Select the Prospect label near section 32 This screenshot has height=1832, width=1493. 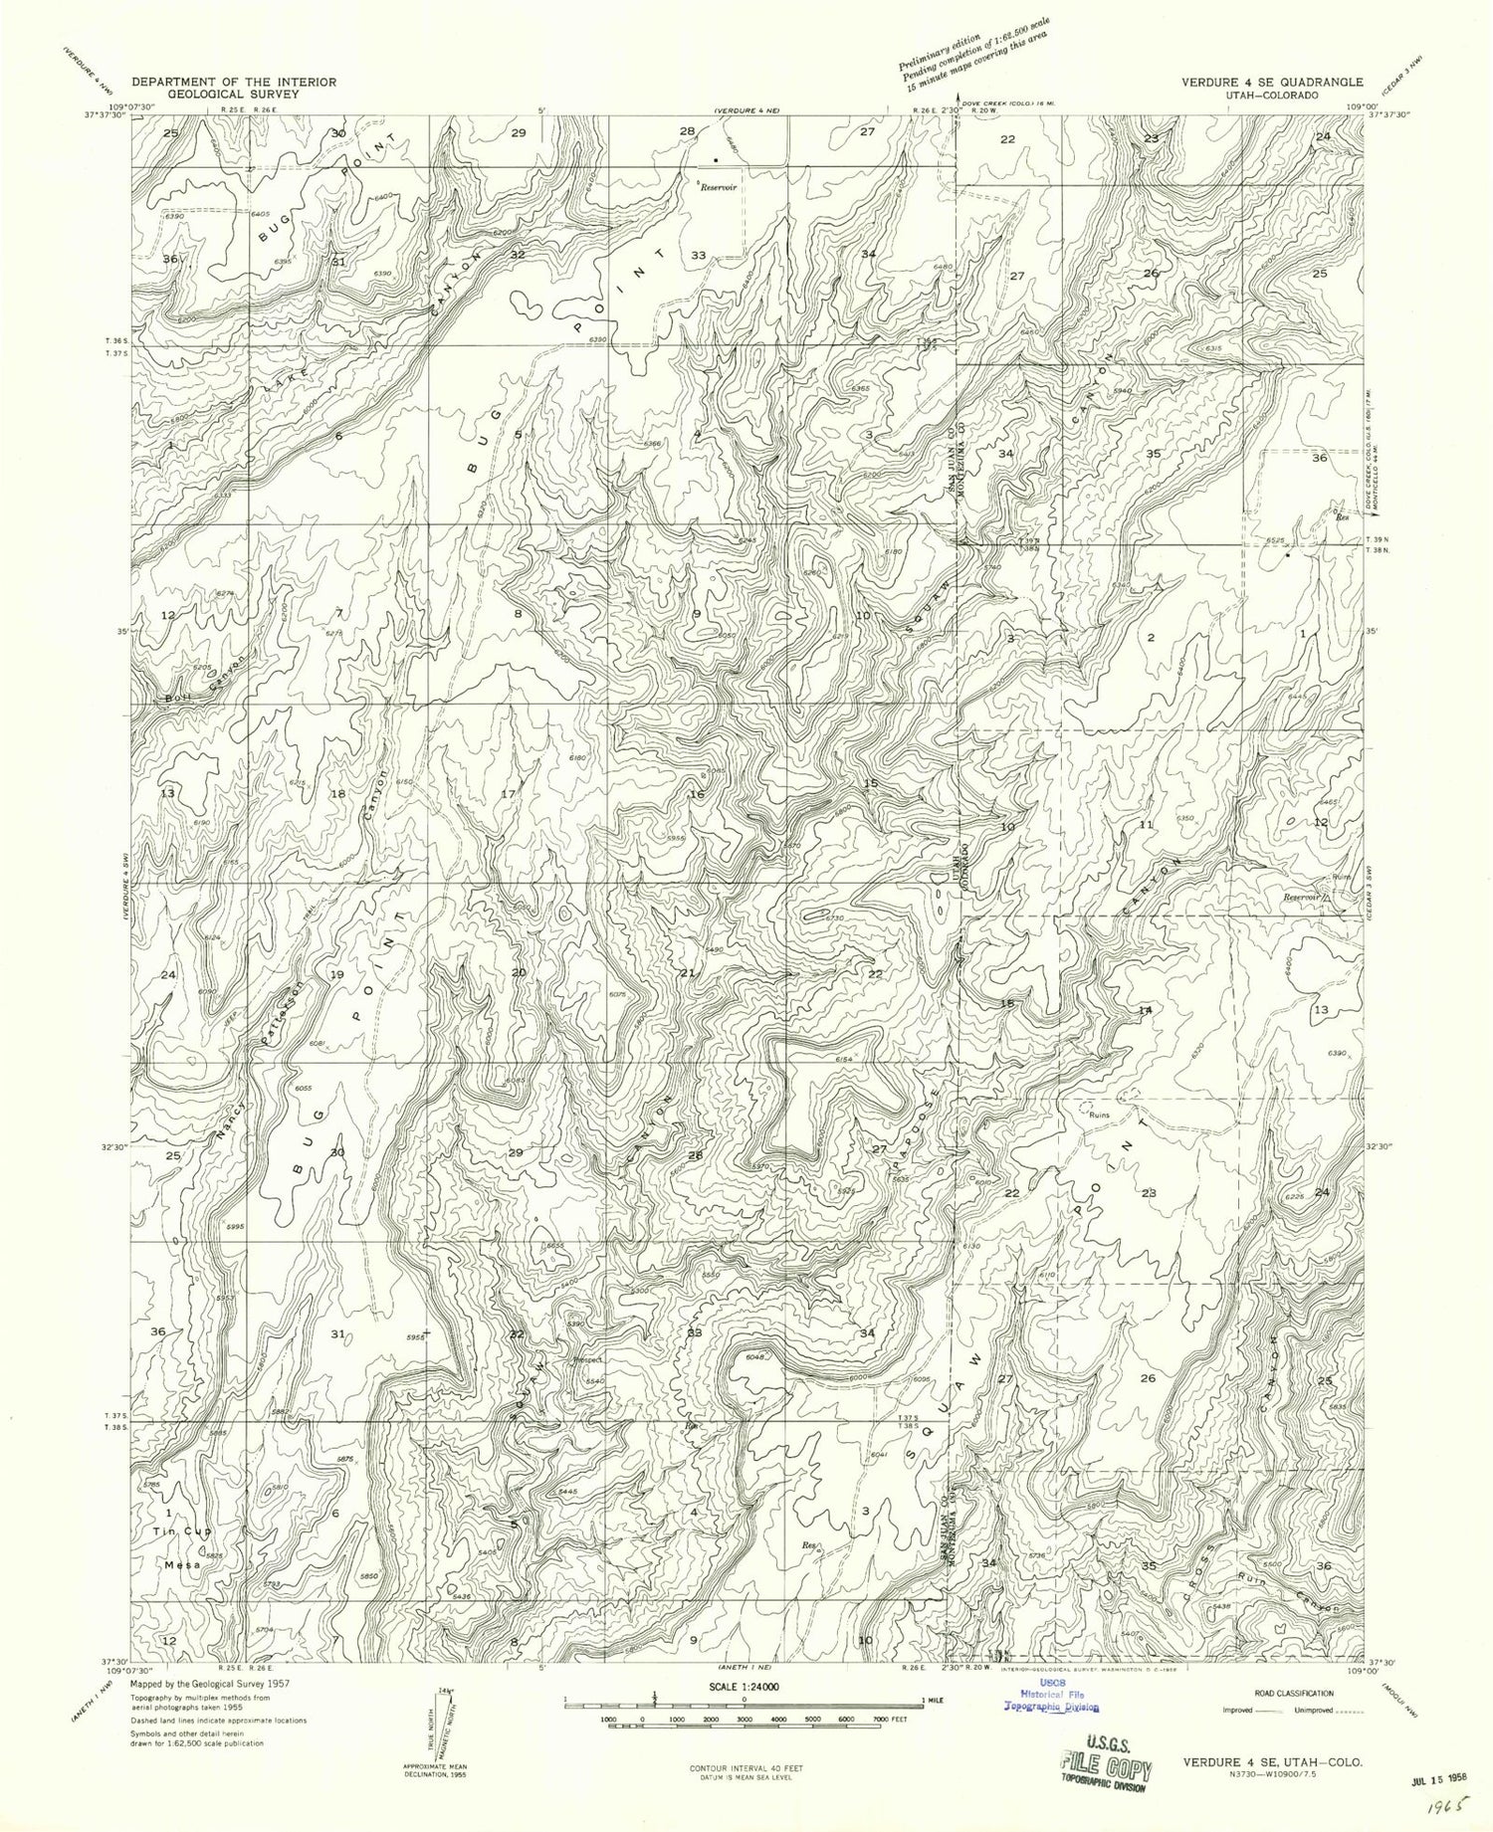(x=587, y=1359)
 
